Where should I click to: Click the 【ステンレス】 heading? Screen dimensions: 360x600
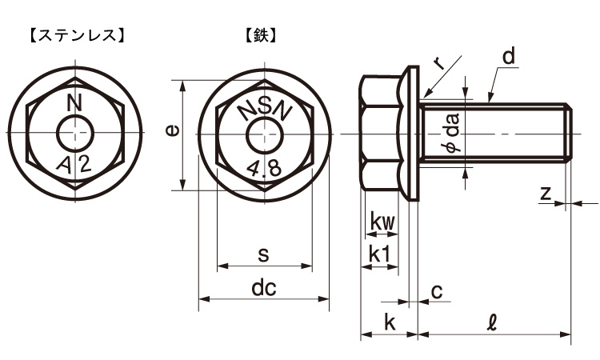coord(76,35)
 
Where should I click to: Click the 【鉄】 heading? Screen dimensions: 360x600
coord(261,35)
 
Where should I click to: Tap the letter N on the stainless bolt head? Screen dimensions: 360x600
coord(75,102)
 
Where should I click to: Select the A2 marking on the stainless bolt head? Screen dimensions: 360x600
coord(75,163)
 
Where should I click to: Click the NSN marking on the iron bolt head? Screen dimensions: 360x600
coord(265,110)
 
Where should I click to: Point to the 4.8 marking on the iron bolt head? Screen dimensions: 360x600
coord(263,167)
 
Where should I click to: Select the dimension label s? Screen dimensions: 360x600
coord(263,254)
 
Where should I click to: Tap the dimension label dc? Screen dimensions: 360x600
coord(263,289)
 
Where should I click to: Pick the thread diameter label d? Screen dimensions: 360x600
coord(509,57)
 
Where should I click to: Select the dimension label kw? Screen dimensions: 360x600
coord(382,222)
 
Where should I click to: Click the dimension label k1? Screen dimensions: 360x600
coord(379,254)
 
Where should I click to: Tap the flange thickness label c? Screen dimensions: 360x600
coord(436,292)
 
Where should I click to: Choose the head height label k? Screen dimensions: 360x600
coord(390,322)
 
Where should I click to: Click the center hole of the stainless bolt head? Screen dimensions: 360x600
coord(76,132)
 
